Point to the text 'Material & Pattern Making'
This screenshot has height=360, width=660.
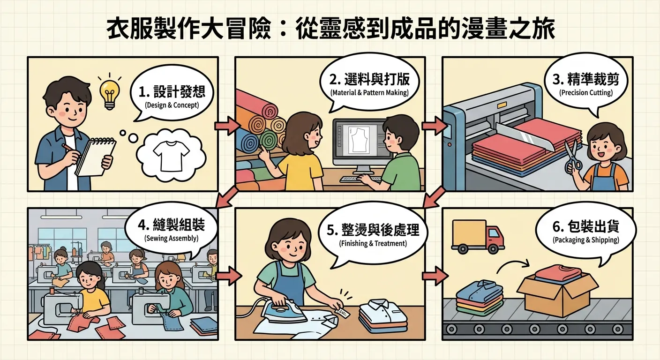[x=369, y=93]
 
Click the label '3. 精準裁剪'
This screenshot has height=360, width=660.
[x=586, y=79]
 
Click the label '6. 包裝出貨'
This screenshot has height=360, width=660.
[x=586, y=227]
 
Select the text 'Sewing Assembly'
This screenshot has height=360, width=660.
[x=172, y=238]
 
